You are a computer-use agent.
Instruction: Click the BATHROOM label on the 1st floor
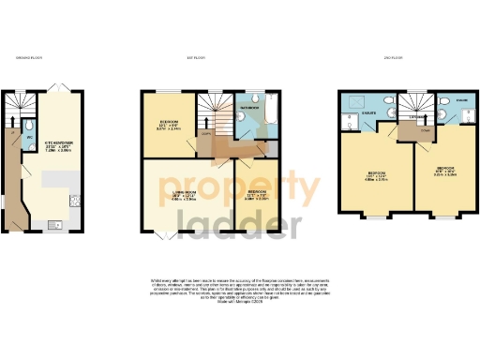tap(248, 109)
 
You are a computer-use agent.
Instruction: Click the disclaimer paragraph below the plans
tap(240, 287)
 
